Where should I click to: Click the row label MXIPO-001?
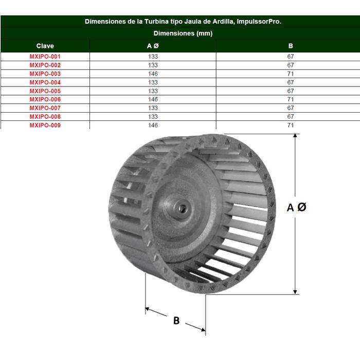pyautogui.click(x=45, y=57)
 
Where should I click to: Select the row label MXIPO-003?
pyautogui.click(x=45, y=74)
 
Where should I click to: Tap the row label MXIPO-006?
pyautogui.click(x=45, y=99)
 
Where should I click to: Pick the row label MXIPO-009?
pyautogui.click(x=45, y=125)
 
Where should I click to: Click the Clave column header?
pyautogui.click(x=45, y=46)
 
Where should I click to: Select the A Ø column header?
pyautogui.click(x=153, y=46)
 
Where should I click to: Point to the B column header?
pyautogui.click(x=291, y=46)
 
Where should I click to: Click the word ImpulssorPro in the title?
pyautogui.click(x=260, y=22)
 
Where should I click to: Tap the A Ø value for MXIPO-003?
pyautogui.click(x=153, y=74)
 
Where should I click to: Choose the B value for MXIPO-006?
pyautogui.click(x=291, y=99)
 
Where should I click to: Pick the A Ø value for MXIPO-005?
pyautogui.click(x=153, y=91)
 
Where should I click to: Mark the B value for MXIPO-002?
pyautogui.click(x=291, y=65)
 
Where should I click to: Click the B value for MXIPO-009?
pyautogui.click(x=291, y=125)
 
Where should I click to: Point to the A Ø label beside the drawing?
pyautogui.click(x=297, y=207)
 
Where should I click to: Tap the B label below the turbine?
pyautogui.click(x=176, y=320)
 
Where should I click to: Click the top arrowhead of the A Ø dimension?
pyautogui.click(x=295, y=137)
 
